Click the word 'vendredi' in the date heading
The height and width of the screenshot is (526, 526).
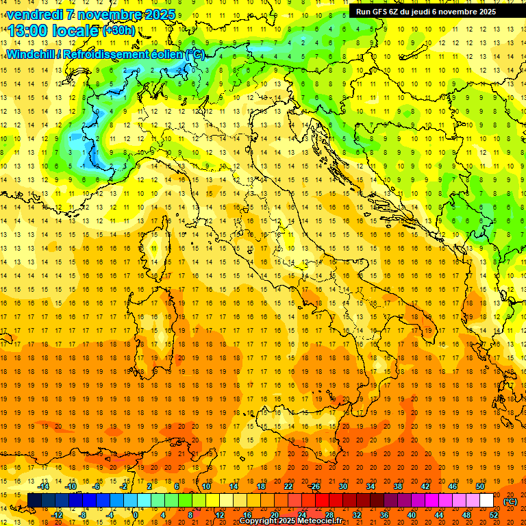click(x=34, y=14)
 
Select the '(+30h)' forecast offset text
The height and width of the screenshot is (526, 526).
click(x=119, y=31)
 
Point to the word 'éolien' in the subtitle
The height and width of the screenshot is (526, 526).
click(x=165, y=54)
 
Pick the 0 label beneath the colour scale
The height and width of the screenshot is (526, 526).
click(x=136, y=515)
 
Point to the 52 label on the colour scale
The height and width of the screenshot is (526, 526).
click(x=494, y=515)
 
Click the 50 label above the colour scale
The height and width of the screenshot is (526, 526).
click(x=479, y=486)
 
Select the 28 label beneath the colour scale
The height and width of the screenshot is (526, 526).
click(x=329, y=515)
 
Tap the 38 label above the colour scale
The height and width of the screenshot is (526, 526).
click(x=397, y=486)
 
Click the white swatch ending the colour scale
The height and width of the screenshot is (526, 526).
click(x=486, y=501)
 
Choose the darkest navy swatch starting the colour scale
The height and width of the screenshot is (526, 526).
click(x=34, y=501)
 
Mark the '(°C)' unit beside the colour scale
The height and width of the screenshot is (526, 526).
click(x=510, y=501)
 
